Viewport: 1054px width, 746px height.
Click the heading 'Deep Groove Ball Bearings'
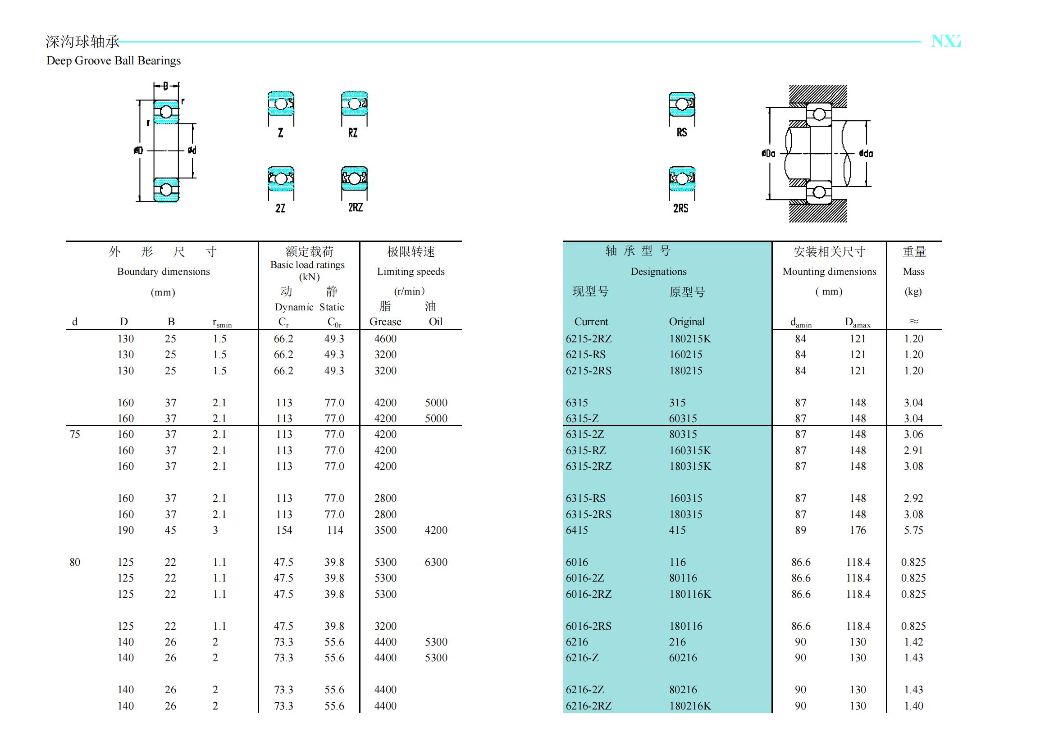tap(114, 61)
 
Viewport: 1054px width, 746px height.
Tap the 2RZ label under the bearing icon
tap(355, 208)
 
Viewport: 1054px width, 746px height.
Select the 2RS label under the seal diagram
tap(680, 209)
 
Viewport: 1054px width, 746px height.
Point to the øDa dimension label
tap(768, 154)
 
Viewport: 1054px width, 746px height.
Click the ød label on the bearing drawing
tap(192, 150)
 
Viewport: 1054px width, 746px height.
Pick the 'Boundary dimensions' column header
tap(163, 272)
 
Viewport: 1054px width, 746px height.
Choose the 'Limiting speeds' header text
tap(411, 272)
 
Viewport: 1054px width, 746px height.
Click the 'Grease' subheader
tap(385, 322)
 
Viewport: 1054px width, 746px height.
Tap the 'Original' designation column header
tap(686, 322)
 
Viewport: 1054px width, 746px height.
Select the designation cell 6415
tap(577, 530)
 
